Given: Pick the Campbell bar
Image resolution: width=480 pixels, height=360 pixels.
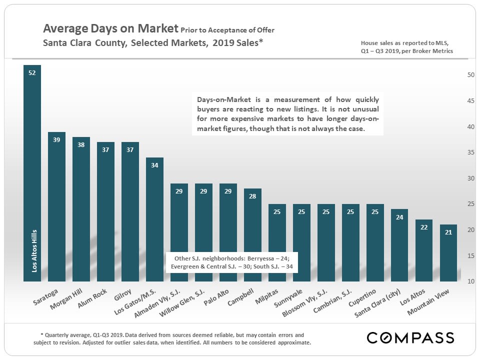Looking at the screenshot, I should coord(252,235).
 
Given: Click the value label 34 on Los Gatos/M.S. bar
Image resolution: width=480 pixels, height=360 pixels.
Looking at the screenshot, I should coord(154,165).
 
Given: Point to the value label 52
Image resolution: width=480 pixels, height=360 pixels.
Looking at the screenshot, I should coord(32,73).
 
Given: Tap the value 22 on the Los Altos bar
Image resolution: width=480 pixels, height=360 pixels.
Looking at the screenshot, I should coord(424,227).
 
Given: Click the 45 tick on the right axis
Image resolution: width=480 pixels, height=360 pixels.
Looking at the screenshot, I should coord(470,101).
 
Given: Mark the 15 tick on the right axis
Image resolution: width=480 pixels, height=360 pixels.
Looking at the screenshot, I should coord(470,255).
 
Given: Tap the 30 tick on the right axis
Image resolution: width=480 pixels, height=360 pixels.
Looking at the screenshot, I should coord(470,178).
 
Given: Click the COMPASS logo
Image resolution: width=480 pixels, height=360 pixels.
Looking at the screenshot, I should coord(410,337).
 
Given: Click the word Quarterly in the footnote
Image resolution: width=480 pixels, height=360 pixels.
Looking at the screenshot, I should coord(58,334).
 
